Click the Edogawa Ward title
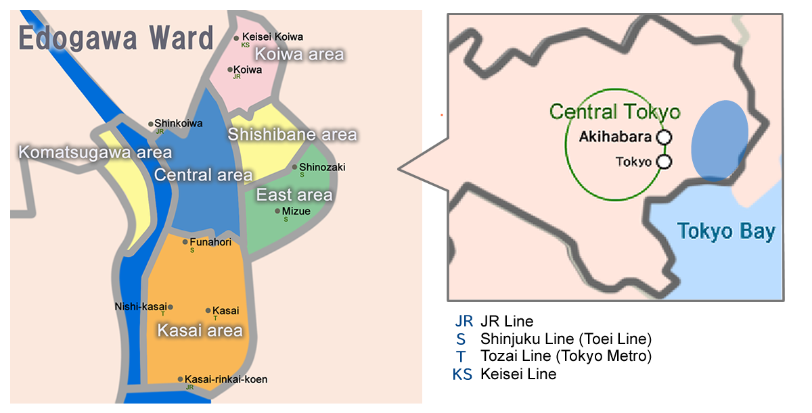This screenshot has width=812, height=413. [116, 39]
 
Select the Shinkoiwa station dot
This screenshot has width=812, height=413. [151, 124]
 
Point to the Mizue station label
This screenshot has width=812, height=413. [296, 211]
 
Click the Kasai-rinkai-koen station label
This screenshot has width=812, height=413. [226, 379]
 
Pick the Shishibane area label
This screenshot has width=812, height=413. [292, 135]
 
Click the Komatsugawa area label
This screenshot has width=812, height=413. [95, 152]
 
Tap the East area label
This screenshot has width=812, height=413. [294, 195]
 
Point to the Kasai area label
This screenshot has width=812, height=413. [199, 331]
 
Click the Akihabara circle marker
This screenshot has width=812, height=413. [664, 137]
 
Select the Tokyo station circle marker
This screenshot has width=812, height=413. [664, 162]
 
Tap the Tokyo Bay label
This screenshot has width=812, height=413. [725, 232]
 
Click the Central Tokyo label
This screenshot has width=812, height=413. [614, 112]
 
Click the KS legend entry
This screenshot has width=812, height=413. [463, 374]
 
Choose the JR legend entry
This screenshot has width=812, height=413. [463, 320]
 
